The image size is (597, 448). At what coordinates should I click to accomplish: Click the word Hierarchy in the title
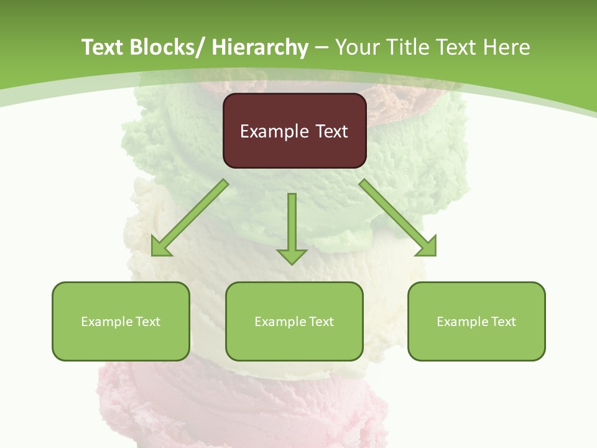[x=260, y=47]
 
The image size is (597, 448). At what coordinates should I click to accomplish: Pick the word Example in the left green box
[x=106, y=322]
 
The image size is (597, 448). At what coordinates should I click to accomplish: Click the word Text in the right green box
[x=502, y=322]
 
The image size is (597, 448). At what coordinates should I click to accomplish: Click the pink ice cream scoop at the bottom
[x=249, y=404]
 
